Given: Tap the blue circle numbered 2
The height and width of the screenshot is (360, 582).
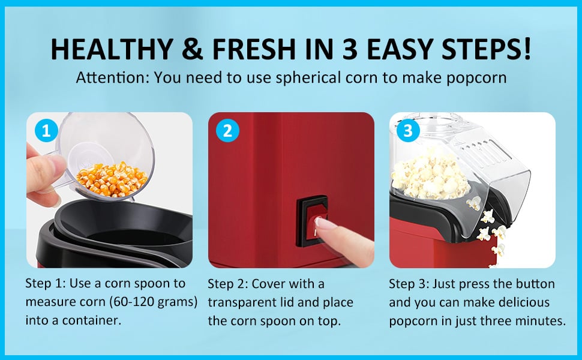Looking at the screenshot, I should [x=227, y=130].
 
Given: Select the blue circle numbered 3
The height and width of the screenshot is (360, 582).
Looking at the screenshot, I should [x=409, y=130].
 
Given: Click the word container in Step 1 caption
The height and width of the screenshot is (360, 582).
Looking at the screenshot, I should [x=94, y=320].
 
